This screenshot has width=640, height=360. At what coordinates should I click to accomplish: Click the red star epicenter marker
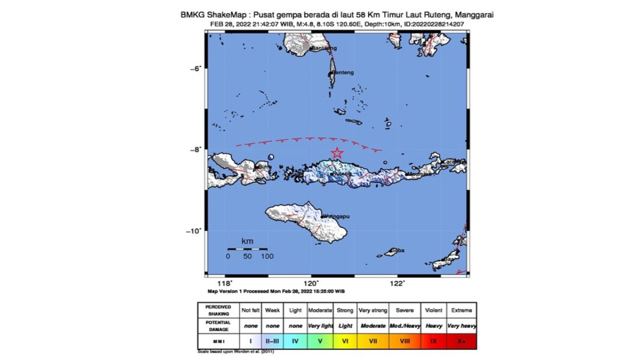pyautogui.click(x=337, y=153)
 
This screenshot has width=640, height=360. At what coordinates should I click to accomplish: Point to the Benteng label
pyautogui.click(x=343, y=72)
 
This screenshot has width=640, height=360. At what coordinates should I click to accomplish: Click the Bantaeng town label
pyautogui.click(x=324, y=48)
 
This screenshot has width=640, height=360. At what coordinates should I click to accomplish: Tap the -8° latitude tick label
pyautogui.click(x=195, y=149)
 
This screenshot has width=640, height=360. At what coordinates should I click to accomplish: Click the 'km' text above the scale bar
pyautogui.click(x=247, y=241)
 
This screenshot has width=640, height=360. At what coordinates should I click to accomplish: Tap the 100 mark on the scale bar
pyautogui.click(x=267, y=256)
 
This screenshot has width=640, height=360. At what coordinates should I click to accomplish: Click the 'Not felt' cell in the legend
pyautogui.click(x=250, y=310)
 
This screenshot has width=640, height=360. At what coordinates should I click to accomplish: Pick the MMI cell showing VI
pyautogui.click(x=345, y=341)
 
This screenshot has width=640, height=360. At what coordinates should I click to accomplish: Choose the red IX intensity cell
pyautogui.click(x=433, y=341)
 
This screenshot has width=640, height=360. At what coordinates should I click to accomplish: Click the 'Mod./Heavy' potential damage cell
pyautogui.click(x=404, y=325)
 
